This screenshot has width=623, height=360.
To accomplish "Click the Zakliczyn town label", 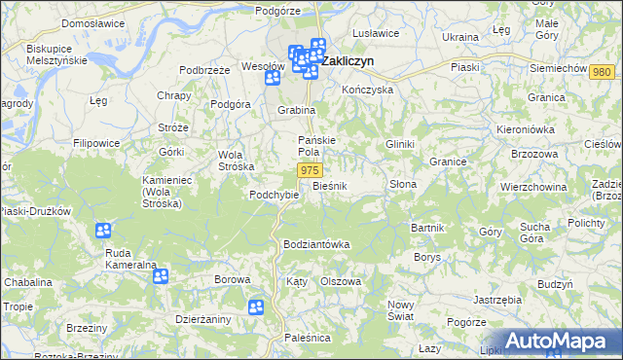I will point(350,60).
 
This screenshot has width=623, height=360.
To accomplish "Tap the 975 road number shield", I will point(310,170).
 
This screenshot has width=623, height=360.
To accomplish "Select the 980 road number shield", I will point(602,72).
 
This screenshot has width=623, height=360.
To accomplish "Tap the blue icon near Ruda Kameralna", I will point(103,231).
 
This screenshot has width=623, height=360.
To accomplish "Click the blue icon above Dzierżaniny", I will point(161,276).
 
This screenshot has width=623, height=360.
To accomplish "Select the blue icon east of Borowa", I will point(255,307).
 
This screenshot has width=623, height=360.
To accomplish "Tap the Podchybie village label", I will point(273,194).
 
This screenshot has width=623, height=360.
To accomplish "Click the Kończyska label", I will point(367,89).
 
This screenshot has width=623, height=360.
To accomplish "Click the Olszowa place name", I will point(341,281).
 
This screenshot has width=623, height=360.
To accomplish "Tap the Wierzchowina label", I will point(533,186).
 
